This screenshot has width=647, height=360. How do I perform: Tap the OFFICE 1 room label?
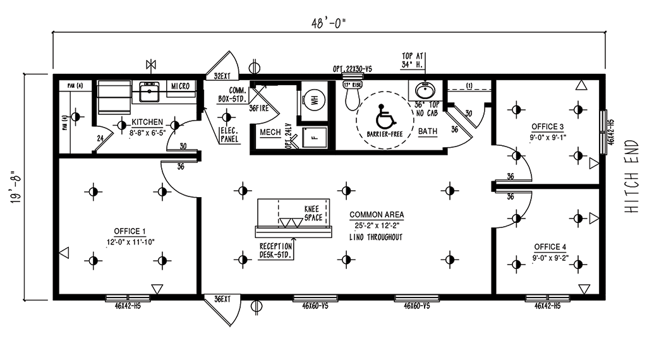[x=130, y=231]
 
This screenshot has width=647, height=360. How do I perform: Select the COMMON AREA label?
[x=377, y=215]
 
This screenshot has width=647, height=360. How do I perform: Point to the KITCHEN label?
[x=147, y=122]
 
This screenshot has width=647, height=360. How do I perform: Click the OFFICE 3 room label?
[x=547, y=126]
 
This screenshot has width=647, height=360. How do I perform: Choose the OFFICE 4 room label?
[x=547, y=246]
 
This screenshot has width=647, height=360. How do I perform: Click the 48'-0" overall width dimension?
[x=329, y=23]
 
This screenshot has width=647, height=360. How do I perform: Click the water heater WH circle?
[x=314, y=98]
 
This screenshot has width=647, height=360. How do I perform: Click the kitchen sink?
[x=149, y=93]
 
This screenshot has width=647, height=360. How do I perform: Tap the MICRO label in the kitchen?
[x=180, y=86]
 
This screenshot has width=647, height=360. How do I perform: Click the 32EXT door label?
[x=221, y=76]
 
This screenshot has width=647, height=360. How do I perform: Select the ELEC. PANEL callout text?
[x=230, y=135]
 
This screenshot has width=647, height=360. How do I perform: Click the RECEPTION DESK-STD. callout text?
[x=275, y=250]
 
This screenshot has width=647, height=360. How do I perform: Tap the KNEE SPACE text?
[x=313, y=213]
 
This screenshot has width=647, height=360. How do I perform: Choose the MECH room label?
[x=270, y=132]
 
